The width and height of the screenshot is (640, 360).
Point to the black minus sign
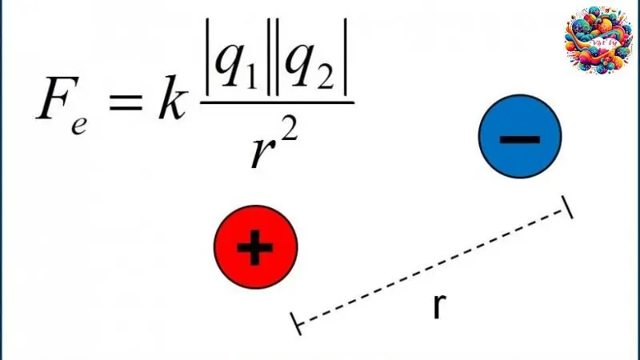coord(520,138)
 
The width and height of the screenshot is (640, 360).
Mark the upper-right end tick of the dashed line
coord(568,207)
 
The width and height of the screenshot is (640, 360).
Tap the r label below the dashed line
coord(438,306)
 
